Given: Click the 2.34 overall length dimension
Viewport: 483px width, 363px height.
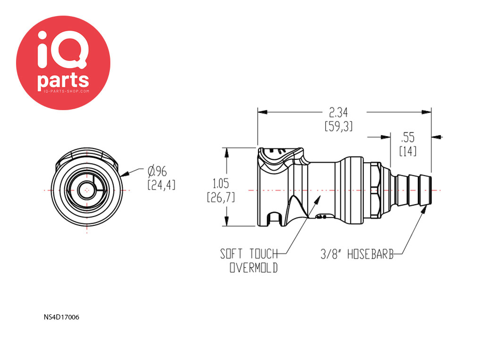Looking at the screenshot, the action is [338, 112].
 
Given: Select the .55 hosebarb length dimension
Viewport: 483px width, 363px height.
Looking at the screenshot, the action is [408, 138].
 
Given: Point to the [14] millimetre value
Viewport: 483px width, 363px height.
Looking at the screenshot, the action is [408, 151].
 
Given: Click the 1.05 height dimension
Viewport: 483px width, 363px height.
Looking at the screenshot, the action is [221, 184].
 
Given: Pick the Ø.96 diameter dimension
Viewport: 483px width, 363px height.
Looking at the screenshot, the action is [157, 171].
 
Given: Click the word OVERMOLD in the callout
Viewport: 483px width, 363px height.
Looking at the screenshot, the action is [253, 268].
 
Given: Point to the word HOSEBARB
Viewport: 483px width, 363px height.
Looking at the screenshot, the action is [371, 254].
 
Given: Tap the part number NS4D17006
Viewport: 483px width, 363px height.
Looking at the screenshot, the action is [61, 317].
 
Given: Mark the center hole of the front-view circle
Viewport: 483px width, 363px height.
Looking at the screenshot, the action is [87, 190].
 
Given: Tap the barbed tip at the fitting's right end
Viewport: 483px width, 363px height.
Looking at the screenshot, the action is [426, 190].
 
